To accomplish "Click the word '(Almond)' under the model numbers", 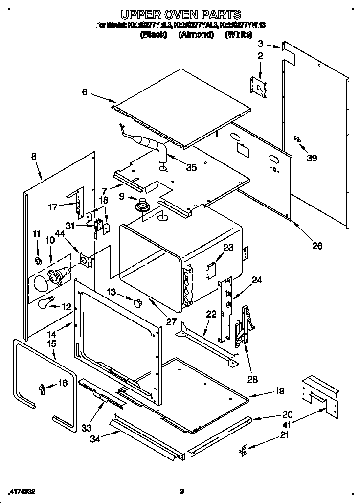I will coord(196,35).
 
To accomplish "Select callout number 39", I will coord(312,158).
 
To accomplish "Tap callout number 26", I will coord(317,246).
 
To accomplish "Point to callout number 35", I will coord(191,167).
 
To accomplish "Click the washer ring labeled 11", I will coord(38,258).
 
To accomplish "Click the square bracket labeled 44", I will coord(86,260).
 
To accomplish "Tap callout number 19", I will coord(279,391).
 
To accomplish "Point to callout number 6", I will coord(85,91).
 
